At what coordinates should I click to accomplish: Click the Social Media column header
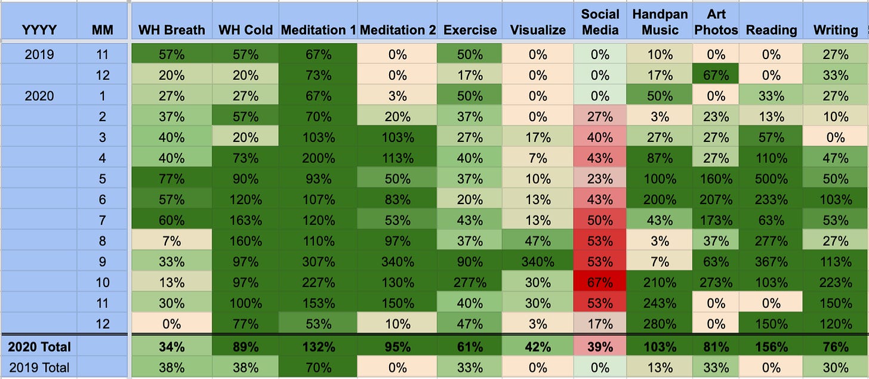tap(600, 22)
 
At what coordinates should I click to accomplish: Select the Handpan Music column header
tap(660, 22)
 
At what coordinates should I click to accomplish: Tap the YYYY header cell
tap(39, 30)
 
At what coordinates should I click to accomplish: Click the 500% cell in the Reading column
tap(771, 179)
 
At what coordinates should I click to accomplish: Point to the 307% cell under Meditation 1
tap(318, 262)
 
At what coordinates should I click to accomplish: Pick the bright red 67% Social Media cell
tap(600, 282)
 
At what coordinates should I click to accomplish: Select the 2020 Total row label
tap(39, 347)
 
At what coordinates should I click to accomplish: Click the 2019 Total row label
tap(39, 368)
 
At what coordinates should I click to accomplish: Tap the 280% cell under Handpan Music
tap(660, 324)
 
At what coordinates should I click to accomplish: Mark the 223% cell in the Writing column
tap(835, 282)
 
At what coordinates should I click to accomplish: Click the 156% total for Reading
tap(771, 347)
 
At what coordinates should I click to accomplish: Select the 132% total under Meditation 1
tap(318, 347)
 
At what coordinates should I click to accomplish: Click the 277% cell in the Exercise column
tap(469, 282)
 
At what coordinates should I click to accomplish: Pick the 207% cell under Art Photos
tap(716, 200)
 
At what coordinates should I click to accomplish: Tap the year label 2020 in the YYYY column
tap(39, 96)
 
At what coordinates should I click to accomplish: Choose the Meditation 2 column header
tap(397, 30)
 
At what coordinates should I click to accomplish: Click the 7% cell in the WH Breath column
tap(171, 241)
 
